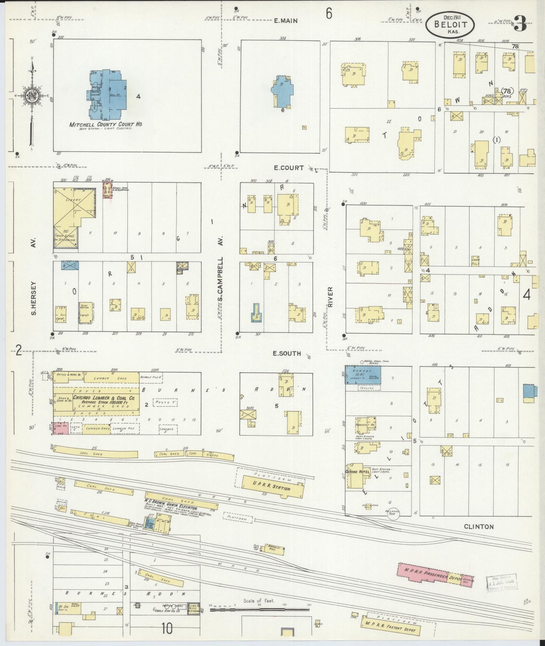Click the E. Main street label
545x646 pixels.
[x=286, y=21]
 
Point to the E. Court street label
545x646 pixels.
[x=289, y=168]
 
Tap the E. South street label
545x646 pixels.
[x=287, y=354]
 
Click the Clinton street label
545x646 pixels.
[x=479, y=527]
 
